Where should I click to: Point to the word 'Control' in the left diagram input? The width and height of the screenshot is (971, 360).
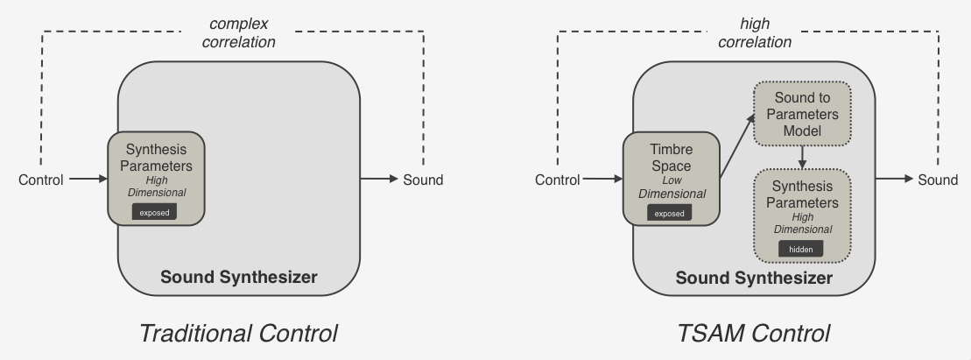(41, 180)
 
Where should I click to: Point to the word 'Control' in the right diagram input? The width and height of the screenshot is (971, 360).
(556, 180)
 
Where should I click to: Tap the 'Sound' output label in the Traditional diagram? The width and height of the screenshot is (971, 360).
(423, 180)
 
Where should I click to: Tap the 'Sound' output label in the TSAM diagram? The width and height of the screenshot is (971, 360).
(938, 180)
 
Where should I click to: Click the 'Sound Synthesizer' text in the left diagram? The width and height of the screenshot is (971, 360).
(239, 279)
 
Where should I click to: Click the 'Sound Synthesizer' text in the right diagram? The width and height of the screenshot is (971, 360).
(754, 279)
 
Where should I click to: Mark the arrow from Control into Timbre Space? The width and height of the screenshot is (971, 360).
(602, 180)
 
